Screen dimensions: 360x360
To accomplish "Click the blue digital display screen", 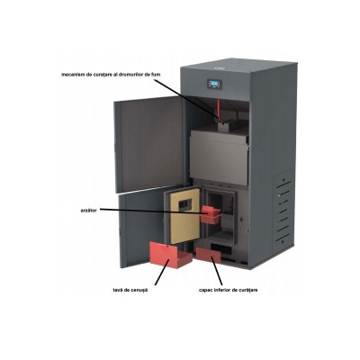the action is (214, 84).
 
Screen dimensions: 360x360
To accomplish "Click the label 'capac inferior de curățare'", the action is (229, 290).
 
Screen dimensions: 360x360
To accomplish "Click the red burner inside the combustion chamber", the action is (210, 213).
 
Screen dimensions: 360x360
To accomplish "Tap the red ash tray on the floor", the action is (170, 255).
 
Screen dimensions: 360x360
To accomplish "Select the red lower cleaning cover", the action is (208, 255).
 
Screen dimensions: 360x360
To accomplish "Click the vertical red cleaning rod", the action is (219, 111).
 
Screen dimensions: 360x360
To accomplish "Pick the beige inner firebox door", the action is (184, 215).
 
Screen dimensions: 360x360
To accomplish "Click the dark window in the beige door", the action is (184, 204).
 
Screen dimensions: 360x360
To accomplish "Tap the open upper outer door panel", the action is (149, 144).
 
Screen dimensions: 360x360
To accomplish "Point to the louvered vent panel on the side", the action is (283, 209).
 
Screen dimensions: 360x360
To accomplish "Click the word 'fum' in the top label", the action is (156, 74).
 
